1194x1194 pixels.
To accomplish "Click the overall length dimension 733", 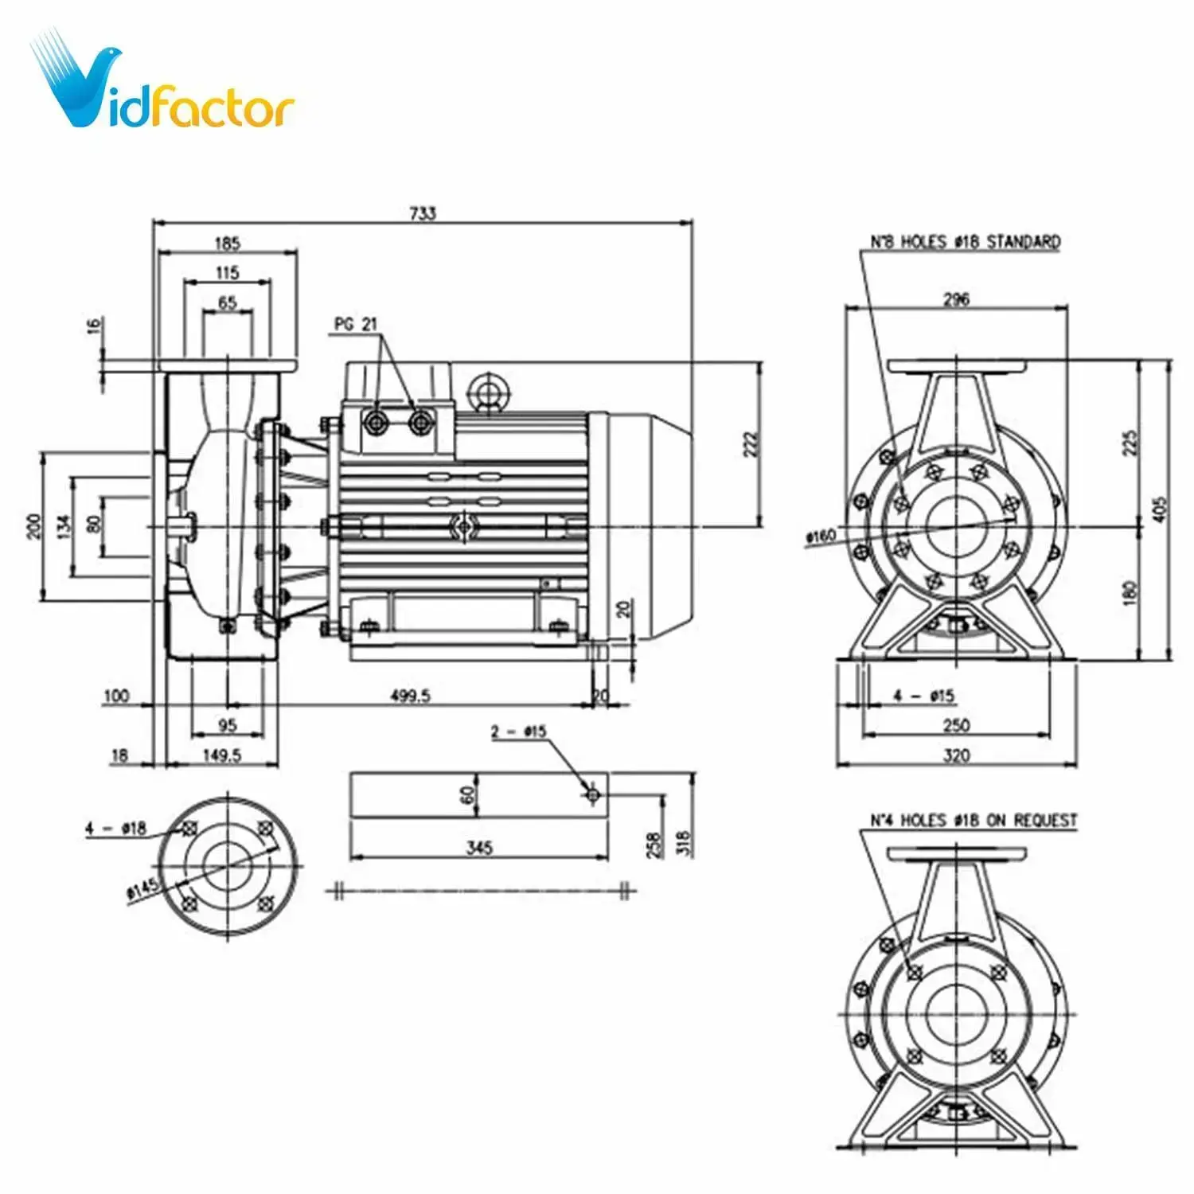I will click(423, 213).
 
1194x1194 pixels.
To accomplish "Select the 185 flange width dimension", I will click(227, 243).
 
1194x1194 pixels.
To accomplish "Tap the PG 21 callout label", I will click(356, 324).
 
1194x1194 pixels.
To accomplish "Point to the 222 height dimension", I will click(751, 444).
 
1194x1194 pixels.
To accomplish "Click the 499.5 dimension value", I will click(410, 696).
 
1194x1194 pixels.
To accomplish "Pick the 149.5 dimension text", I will click(221, 755).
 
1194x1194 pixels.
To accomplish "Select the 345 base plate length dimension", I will click(479, 847).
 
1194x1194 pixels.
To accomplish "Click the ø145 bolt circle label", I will click(143, 889).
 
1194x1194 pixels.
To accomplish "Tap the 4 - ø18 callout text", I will click(116, 828).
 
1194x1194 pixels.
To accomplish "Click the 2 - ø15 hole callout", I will click(518, 731).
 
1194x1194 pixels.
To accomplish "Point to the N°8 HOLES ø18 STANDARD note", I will click(965, 241).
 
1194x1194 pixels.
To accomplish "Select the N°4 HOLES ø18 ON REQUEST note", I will click(973, 820).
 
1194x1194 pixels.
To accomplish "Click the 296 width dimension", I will click(956, 298).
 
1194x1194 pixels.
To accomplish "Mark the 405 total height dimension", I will click(1159, 509).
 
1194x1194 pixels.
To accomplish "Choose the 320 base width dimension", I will click(956, 755).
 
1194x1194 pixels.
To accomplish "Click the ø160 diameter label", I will click(821, 536).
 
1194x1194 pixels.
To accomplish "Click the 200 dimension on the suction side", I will click(33, 526).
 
